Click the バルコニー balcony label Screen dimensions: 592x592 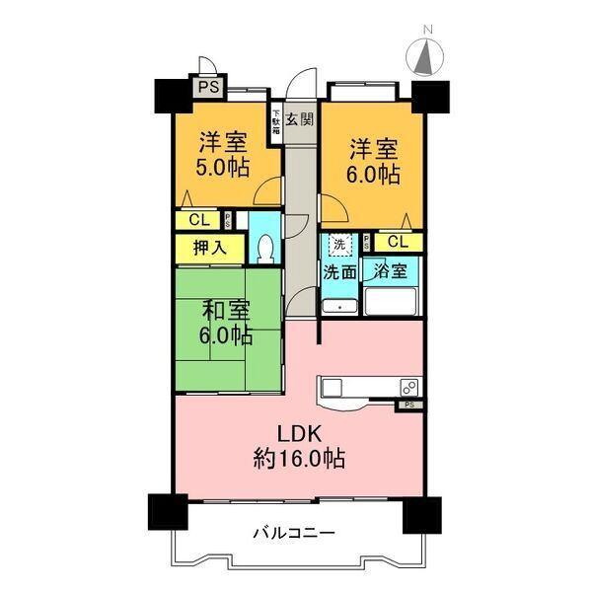coord(293,533)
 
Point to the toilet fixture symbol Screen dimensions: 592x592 coord(263,248)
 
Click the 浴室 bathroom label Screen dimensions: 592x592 coord(390,269)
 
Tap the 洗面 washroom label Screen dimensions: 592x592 coord(339,272)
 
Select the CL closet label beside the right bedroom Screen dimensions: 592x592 coord(398,241)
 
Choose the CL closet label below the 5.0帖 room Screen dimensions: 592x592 coord(198,220)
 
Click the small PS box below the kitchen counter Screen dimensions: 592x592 coord(408,405)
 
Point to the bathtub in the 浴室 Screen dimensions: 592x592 coord(390,300)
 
